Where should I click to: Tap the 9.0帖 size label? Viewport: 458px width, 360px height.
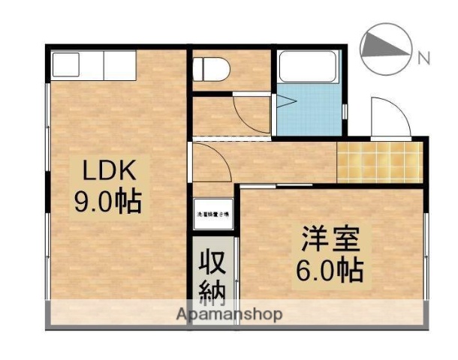click(107, 202)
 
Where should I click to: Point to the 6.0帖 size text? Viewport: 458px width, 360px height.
click(332, 269)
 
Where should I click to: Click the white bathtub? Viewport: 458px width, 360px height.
click(308, 69)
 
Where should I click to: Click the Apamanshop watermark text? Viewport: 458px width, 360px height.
click(230, 314)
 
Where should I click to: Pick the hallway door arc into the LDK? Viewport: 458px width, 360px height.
click(210, 160)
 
